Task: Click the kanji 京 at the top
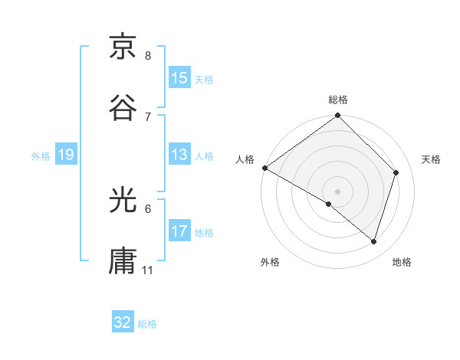coord(123,47)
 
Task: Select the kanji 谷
coord(123,108)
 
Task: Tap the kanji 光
coord(123,201)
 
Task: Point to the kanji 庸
coord(123,261)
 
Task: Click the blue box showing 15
coord(179,78)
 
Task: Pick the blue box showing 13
coord(179,155)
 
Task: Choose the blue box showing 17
coord(179,231)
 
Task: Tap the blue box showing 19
coord(66,155)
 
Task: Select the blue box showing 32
coord(123,323)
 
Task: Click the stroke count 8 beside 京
coord(148,56)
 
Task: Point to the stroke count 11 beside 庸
coord(148,270)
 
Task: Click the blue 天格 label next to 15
coord(204,79)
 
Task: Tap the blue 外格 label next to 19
coord(41,155)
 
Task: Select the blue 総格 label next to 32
coord(147,324)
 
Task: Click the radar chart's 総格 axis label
coord(338,100)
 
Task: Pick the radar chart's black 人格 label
coord(245,159)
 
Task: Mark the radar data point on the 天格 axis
coord(396,172)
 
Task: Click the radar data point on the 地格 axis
coord(373,241)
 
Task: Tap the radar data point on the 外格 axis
coord(329,204)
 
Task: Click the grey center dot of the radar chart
coord(338,191)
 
